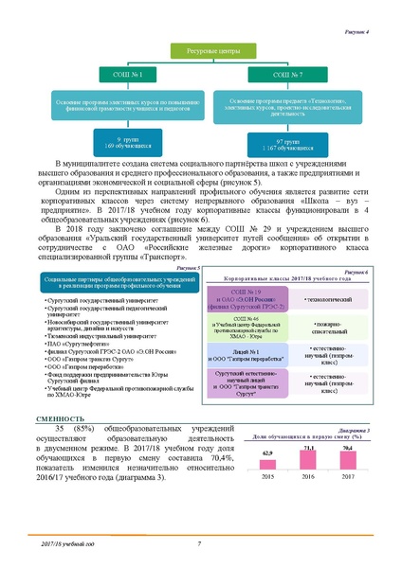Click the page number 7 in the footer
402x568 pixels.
[x=199, y=544]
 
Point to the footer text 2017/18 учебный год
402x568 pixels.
[x=68, y=544]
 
